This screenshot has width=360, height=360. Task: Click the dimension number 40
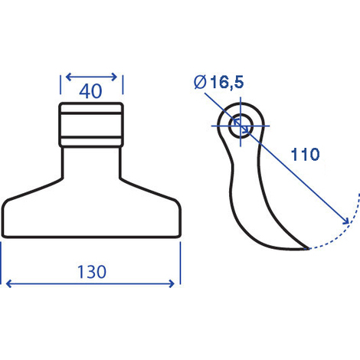90,91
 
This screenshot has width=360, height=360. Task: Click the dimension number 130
92,272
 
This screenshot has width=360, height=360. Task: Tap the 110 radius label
305,154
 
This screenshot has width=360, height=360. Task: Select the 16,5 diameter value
227,82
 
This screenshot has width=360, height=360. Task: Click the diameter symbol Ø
200,82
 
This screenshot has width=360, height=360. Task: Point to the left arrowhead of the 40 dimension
68,77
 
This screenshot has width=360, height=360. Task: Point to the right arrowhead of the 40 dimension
114,77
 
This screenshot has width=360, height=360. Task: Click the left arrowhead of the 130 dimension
8,283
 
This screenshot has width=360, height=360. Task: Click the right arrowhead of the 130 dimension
172,283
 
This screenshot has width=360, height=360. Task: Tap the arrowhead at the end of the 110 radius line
346,221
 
